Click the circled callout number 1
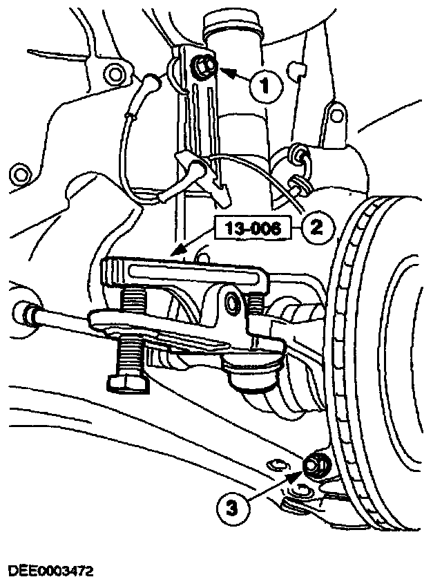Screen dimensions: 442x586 (262, 86)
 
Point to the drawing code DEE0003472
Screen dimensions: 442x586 (50, 571)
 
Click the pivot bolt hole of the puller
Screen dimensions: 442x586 (234, 301)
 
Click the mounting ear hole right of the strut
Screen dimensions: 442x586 (336, 113)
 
